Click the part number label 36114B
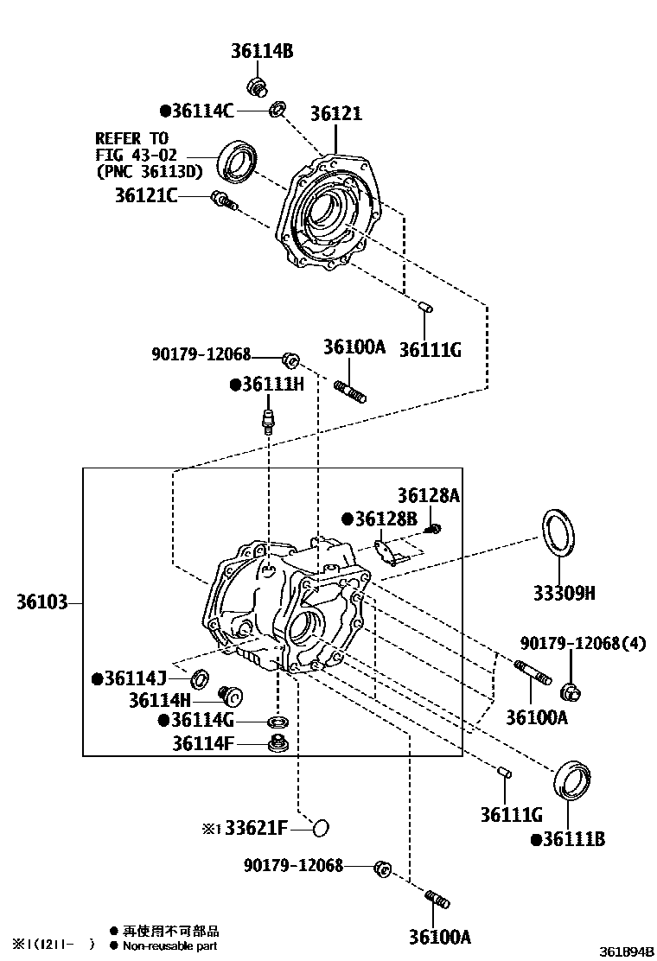[x=262, y=52]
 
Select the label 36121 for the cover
[x=336, y=114]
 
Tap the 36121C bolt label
[x=146, y=196]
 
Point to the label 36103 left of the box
[x=42, y=601]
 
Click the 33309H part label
[x=564, y=594]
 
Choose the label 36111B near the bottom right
[x=568, y=839]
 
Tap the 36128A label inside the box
[x=429, y=495]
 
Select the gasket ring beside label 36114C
[x=277, y=109]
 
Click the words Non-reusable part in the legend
[x=170, y=945]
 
